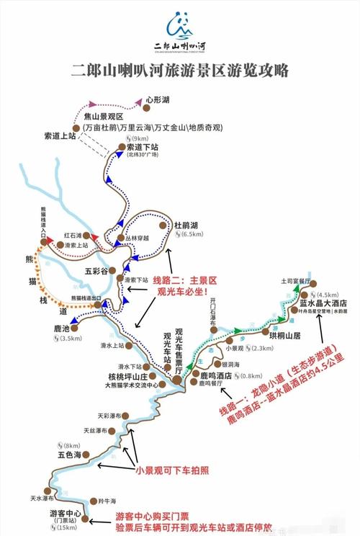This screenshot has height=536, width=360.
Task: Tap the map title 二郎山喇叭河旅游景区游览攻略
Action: click(180, 71)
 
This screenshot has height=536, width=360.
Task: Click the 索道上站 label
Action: click(59, 135)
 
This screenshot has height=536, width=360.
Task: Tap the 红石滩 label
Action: click(73, 235)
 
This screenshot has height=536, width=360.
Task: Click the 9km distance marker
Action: click(140, 138)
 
